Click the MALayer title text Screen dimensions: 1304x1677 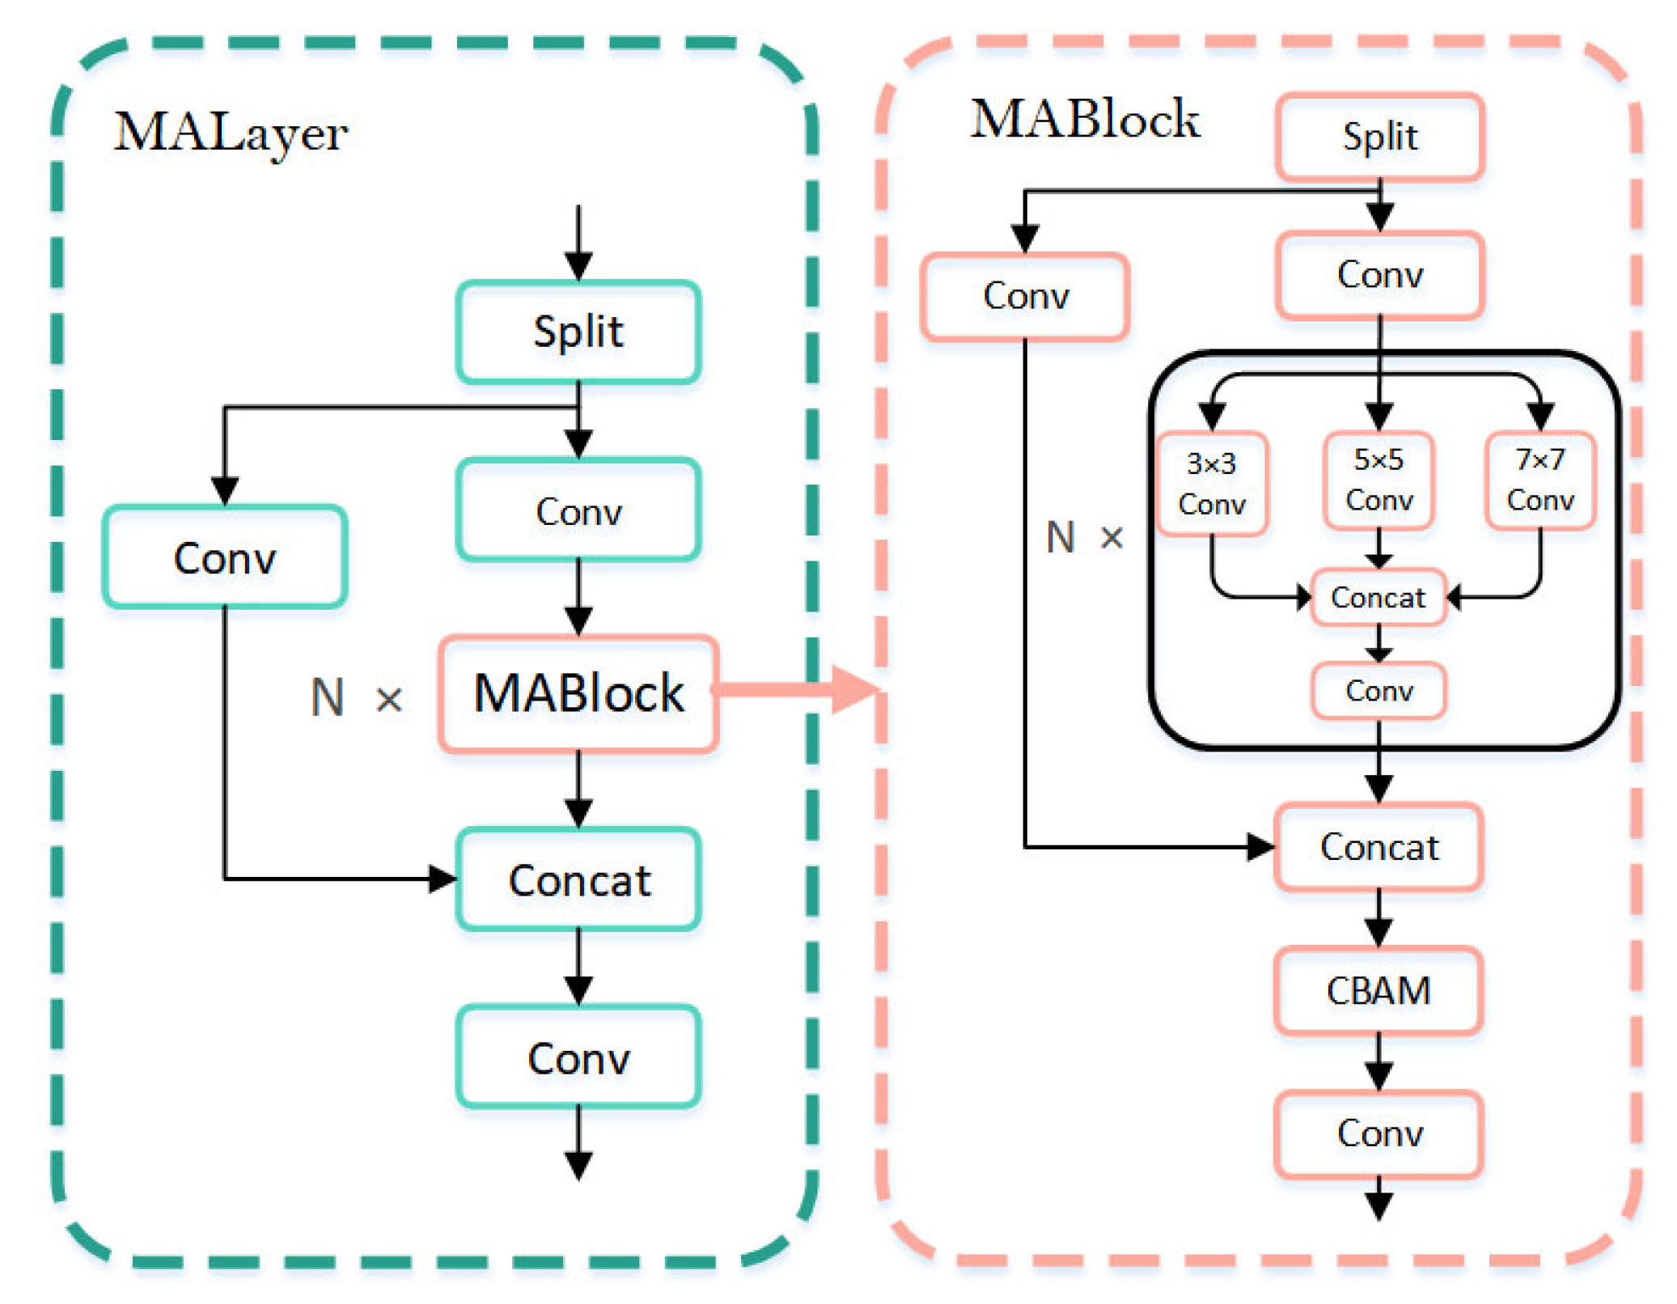click(231, 132)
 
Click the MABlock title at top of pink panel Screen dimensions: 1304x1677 click(1084, 120)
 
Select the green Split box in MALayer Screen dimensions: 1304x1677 click(578, 332)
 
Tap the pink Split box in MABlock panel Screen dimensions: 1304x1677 click(1379, 137)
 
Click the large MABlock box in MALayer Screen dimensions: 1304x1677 click(578, 694)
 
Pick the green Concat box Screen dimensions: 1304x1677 click(578, 879)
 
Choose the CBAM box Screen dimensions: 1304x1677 click(1378, 991)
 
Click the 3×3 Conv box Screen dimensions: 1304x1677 click(1211, 484)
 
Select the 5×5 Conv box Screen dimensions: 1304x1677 click(1378, 481)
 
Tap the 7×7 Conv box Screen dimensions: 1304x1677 click(1540, 481)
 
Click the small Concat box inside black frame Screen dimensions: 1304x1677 click(1378, 598)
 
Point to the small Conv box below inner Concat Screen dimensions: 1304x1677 click(1378, 691)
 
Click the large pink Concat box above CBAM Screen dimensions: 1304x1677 click(1378, 847)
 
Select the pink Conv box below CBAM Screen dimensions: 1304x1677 click(1378, 1133)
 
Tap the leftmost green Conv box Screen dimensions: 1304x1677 click(224, 557)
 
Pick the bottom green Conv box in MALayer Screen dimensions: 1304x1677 click(578, 1057)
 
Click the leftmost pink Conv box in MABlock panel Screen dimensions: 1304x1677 click(1025, 296)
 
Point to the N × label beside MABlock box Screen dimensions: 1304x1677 click(356, 697)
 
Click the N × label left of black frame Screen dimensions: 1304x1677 click(1084, 537)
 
